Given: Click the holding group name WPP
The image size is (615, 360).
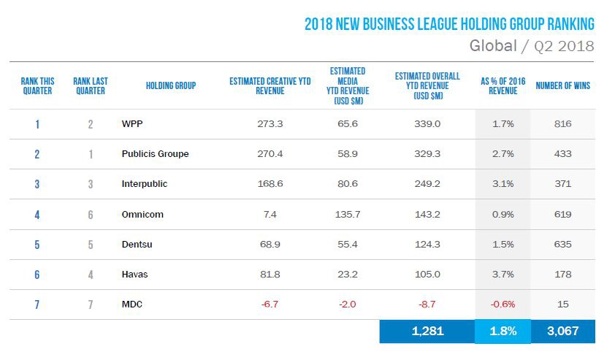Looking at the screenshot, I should point(131,124).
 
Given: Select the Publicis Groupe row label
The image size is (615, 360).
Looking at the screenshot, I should point(155,154).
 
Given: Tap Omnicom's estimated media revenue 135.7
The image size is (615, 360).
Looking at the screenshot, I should point(347,214).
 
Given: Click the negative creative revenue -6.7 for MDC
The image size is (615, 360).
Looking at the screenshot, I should point(270,305).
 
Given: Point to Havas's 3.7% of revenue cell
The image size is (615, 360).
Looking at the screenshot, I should point(503,275).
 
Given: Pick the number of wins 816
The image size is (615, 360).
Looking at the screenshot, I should point(562,124).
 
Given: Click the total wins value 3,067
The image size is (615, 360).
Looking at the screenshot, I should point(562,331).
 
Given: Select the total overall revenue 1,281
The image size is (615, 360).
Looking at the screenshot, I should point(427,331).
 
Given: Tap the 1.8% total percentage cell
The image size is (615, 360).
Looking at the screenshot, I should point(503,331).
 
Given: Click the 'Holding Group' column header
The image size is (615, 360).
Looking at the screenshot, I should point(170,86).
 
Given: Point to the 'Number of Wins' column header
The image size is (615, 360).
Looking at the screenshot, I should point(562,86).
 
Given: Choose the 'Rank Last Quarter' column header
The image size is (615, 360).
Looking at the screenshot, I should point(90,86).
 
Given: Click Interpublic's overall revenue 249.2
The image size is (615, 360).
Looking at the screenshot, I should point(427,184).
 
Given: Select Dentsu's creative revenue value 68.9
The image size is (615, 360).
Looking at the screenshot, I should point(270,245).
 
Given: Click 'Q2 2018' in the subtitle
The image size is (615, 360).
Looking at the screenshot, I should point(562,47).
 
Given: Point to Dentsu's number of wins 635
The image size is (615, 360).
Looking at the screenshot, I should point(562,245).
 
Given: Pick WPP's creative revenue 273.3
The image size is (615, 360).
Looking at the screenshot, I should point(270,124).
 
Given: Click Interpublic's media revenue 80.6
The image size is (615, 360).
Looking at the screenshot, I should point(347,184).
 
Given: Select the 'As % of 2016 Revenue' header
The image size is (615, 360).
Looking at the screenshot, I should point(503,86).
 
